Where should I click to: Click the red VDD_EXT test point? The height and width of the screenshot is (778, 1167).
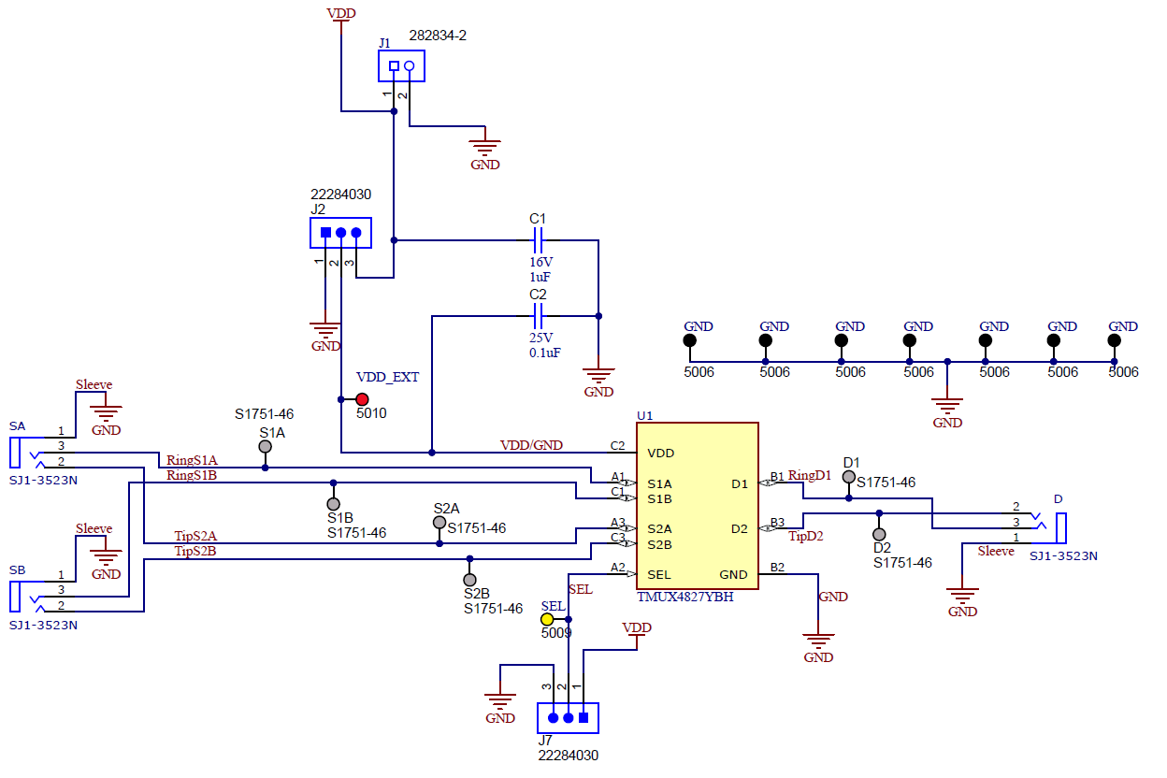362,398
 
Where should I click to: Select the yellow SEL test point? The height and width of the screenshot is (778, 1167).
547,619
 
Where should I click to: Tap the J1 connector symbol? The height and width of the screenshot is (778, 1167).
401,65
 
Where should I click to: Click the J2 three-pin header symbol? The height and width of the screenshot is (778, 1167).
340,233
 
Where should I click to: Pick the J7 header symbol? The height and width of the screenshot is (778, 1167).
568,718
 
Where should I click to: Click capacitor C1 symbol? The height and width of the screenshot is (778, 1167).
538,240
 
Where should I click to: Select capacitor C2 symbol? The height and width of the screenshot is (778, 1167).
538,316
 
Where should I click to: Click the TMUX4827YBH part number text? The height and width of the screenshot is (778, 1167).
684,597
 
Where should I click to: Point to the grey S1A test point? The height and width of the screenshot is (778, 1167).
265,448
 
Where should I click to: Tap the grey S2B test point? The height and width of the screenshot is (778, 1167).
469,579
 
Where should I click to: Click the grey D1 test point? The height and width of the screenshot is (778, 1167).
848,477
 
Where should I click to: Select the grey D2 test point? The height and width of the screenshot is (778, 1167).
879,533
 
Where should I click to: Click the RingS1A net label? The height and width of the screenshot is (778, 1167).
192,460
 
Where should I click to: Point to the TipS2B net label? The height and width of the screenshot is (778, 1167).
194,551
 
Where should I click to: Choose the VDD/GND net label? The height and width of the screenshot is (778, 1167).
531,445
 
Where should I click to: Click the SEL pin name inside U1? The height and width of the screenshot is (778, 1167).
659,575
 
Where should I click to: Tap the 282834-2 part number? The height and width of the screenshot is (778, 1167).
438,36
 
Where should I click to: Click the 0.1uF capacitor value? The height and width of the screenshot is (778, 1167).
544,353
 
